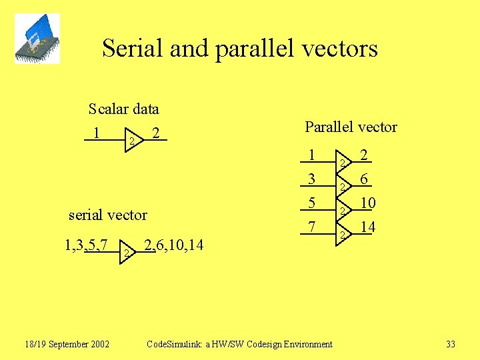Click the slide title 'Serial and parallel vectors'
(x=240, y=49)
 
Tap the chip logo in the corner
(x=37, y=39)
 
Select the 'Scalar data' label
(x=123, y=109)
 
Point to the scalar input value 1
(x=97, y=133)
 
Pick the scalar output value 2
(x=155, y=133)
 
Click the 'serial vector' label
(x=108, y=215)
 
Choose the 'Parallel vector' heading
(x=351, y=127)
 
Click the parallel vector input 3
(x=311, y=179)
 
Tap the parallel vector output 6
(x=364, y=179)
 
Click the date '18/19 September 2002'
(x=67, y=344)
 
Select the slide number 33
(x=451, y=344)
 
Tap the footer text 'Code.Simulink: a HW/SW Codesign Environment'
(x=239, y=344)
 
